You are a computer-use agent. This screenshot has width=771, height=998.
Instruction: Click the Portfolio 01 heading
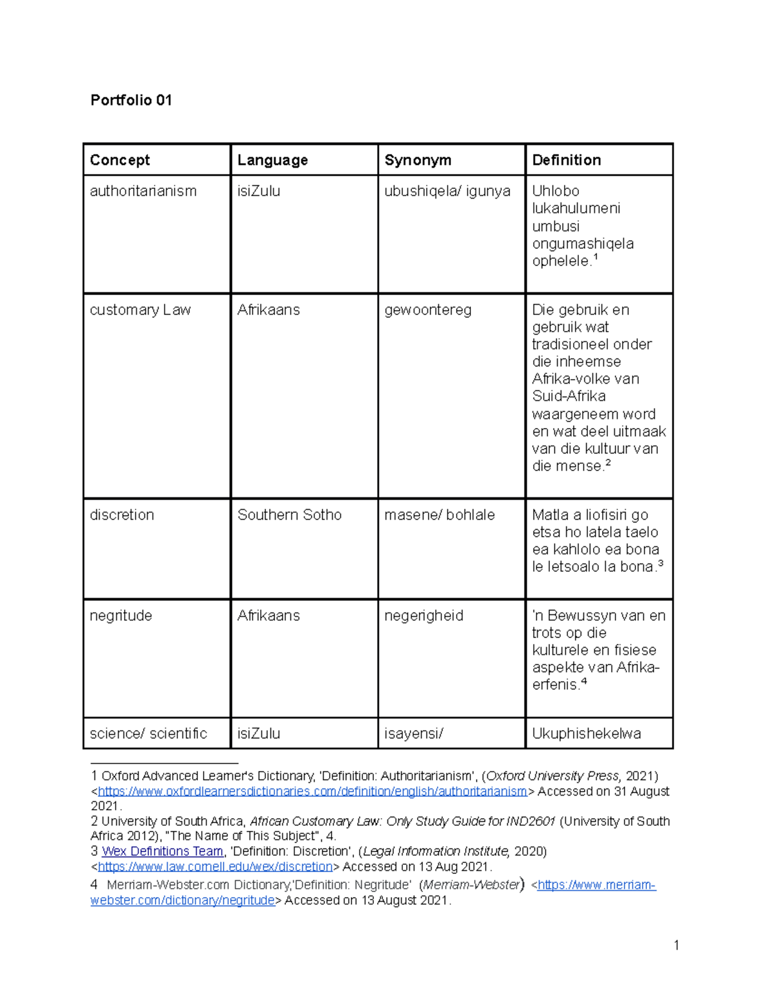[x=131, y=100]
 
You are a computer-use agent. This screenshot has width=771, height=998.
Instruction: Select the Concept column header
[x=120, y=160]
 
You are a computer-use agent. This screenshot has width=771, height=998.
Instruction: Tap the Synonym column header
[x=418, y=160]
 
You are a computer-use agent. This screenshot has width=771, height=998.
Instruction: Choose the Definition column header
[x=566, y=160]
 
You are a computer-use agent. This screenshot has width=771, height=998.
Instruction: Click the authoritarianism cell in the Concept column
[x=143, y=191]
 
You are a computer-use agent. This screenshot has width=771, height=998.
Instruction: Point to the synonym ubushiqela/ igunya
[x=447, y=191]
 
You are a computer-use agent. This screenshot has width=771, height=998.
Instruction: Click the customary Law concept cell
[x=140, y=310]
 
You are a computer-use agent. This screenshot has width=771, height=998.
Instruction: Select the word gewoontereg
[x=427, y=310]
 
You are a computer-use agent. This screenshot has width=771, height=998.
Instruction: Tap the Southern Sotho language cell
[x=289, y=515]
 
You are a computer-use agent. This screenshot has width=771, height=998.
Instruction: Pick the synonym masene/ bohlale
[x=439, y=515]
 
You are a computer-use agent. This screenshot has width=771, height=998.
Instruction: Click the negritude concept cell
[x=121, y=616]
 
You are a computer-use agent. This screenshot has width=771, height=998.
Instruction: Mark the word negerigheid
[x=423, y=616]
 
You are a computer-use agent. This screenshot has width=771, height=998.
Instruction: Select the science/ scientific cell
[x=148, y=733]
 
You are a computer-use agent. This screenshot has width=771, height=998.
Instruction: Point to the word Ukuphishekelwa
[x=586, y=733]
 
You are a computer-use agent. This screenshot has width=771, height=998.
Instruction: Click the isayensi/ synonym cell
[x=413, y=733]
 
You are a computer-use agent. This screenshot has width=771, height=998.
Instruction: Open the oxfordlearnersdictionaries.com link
[x=312, y=792]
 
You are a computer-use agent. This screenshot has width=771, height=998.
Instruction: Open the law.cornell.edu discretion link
[x=215, y=866]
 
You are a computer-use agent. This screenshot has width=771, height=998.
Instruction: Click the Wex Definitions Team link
[x=162, y=851]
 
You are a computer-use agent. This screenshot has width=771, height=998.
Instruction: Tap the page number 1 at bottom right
[x=676, y=945]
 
